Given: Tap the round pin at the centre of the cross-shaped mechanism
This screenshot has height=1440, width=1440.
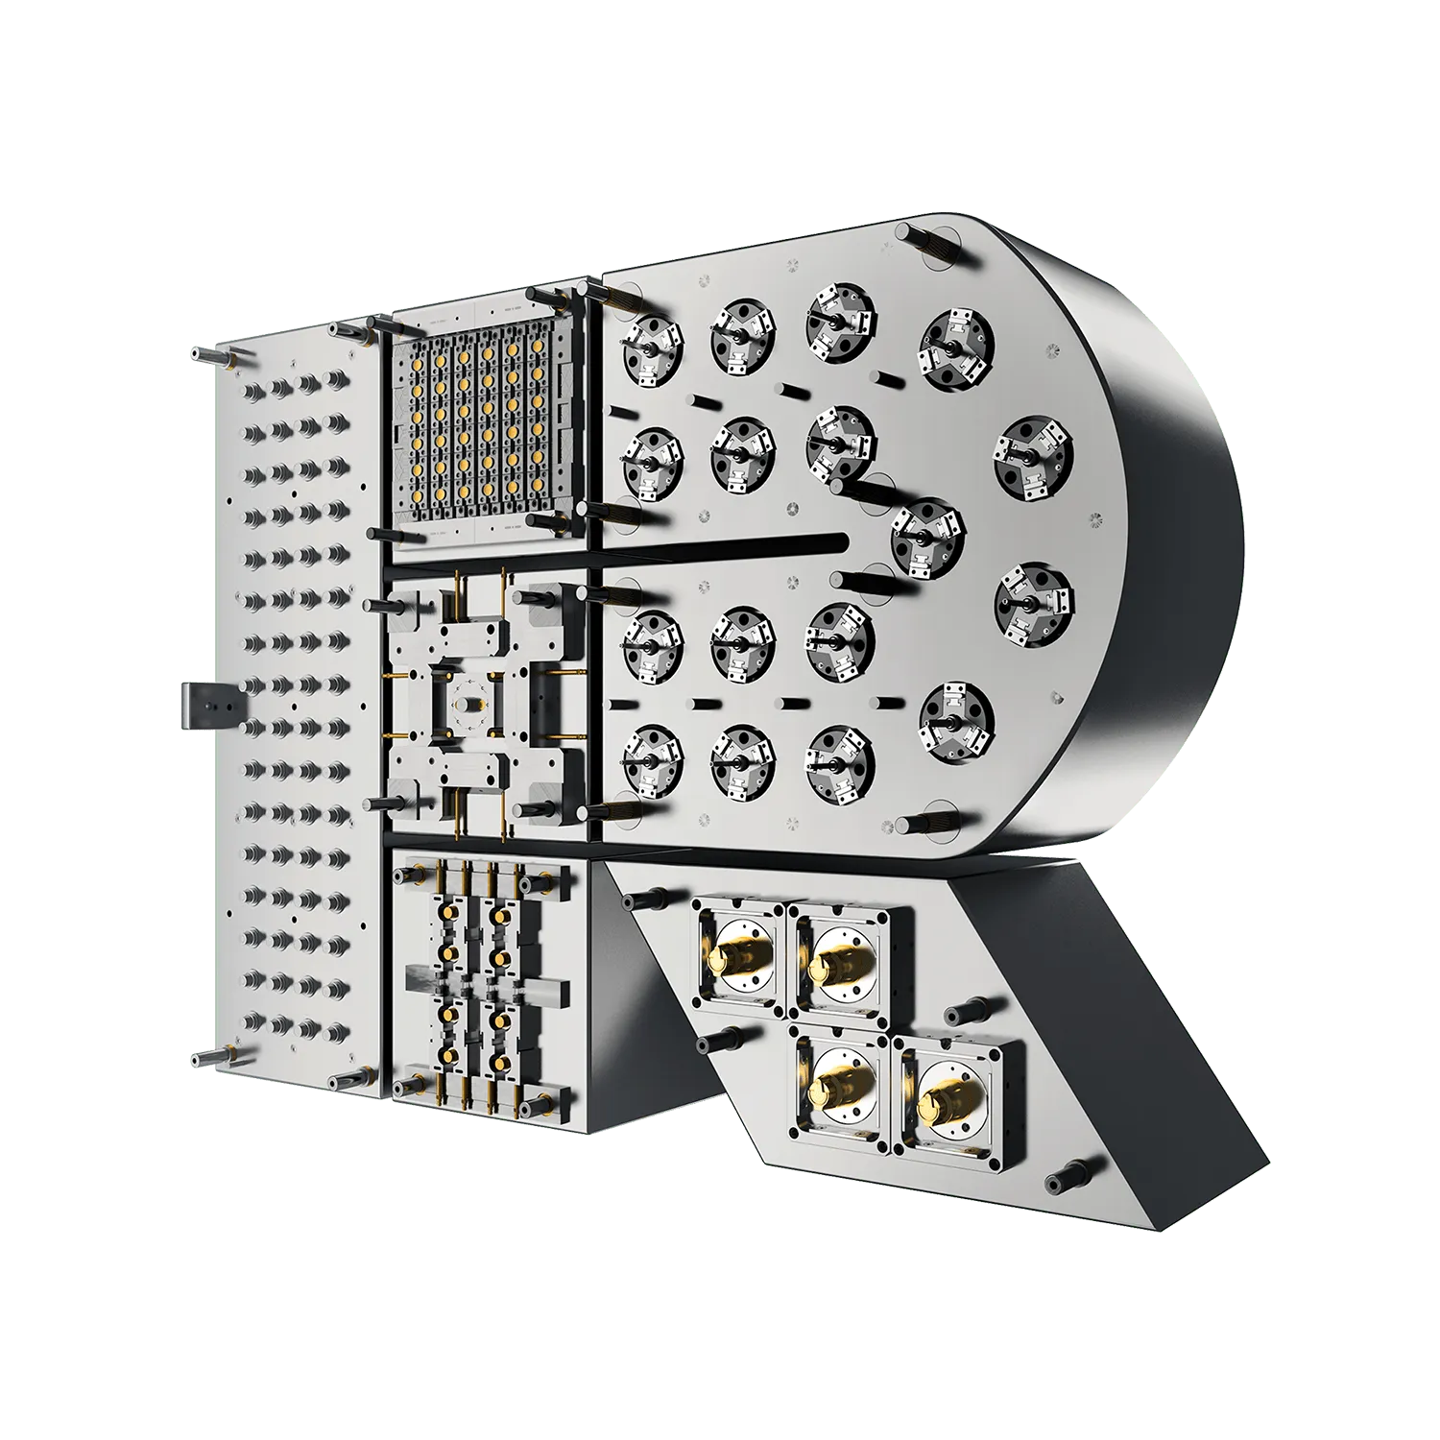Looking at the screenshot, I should point(469,705).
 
